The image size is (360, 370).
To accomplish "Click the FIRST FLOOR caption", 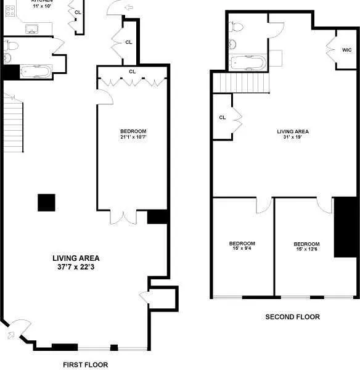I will coord(86,364).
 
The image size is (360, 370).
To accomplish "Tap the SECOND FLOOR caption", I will coord(292,317).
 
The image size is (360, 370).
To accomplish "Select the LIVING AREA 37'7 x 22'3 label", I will coord(76,263).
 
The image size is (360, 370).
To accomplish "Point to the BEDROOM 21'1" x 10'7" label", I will coord(133,134).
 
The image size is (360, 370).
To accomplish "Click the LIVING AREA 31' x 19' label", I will coord(293,134).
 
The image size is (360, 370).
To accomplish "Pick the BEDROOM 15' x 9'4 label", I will coord(242,246).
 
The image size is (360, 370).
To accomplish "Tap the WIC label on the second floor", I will coord(346,49).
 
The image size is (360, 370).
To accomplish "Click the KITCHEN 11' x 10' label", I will coord(43,2).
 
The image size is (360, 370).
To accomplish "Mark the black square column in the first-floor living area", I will coord(46,202).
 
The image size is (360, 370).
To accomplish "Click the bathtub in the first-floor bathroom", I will coord(35,72).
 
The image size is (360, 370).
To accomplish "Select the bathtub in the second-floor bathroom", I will coord(247,62).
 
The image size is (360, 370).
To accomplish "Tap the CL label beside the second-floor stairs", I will coord(223,117).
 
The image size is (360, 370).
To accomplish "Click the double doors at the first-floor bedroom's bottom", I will coord(123,217).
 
